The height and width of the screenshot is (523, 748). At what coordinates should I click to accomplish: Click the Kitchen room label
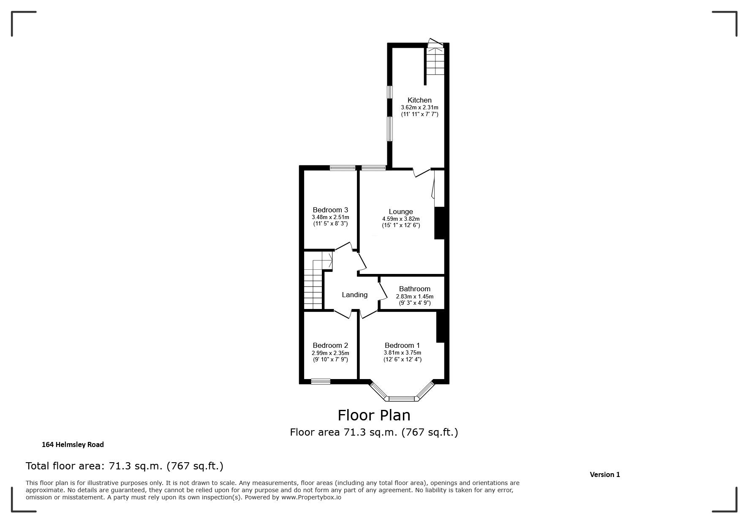(419, 100)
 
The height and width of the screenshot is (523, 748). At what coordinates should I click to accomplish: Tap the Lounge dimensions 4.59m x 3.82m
(401, 219)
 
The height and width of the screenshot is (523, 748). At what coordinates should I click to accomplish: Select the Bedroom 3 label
(330, 210)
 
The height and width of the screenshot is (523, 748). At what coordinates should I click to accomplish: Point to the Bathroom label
(415, 289)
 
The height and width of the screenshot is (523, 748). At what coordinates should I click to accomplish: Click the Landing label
(355, 295)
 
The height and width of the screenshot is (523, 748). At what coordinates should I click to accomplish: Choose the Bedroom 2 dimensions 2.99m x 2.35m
(330, 353)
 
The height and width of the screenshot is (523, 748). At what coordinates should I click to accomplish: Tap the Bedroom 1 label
(402, 345)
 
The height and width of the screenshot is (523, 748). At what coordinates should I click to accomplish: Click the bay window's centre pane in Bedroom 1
(402, 398)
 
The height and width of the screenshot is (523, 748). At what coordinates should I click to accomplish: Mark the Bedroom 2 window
(321, 382)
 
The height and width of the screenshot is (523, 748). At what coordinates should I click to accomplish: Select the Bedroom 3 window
(343, 168)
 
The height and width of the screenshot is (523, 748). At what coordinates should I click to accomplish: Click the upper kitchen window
(390, 92)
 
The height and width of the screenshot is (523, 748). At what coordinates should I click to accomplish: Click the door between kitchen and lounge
(422, 173)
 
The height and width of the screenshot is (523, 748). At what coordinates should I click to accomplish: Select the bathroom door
(383, 291)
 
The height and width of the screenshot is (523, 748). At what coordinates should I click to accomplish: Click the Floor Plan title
(374, 415)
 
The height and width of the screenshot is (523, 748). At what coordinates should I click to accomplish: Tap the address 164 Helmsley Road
(73, 444)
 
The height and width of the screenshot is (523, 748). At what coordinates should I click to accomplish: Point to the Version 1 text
(605, 474)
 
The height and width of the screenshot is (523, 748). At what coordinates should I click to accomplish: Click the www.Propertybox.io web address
(311, 497)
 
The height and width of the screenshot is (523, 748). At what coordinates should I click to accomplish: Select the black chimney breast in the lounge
(439, 223)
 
